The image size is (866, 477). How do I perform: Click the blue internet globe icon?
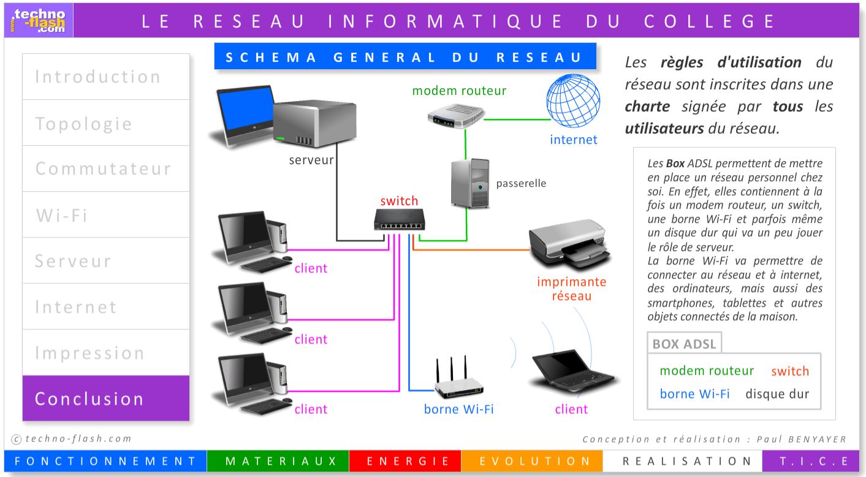click(572, 104)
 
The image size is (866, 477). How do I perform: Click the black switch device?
click(399, 219)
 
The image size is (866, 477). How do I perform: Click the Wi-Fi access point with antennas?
click(458, 380)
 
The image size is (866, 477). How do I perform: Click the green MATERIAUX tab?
click(278, 461)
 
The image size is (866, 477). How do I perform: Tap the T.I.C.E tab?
click(813, 461)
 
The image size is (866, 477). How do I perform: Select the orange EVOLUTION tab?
click(531, 461)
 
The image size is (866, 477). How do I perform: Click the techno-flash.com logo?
click(39, 20)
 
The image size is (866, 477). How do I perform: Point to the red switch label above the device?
click(399, 201)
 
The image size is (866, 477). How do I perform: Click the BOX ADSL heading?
click(684, 344)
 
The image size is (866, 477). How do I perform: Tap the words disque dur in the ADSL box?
click(777, 394)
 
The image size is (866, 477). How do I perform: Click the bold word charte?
click(647, 106)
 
